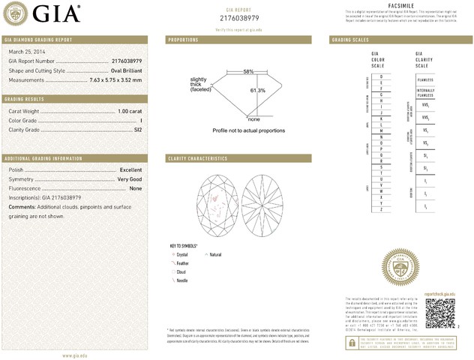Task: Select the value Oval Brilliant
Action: [121, 70]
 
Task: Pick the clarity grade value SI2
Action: [136, 130]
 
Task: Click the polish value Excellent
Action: [130, 170]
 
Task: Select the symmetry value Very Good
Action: [129, 179]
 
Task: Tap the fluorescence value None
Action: [135, 188]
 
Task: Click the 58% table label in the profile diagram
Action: [248, 71]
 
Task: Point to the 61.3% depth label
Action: [258, 91]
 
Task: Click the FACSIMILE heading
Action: [398, 5]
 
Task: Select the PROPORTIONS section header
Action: [184, 39]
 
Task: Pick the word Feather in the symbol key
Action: [182, 263]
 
